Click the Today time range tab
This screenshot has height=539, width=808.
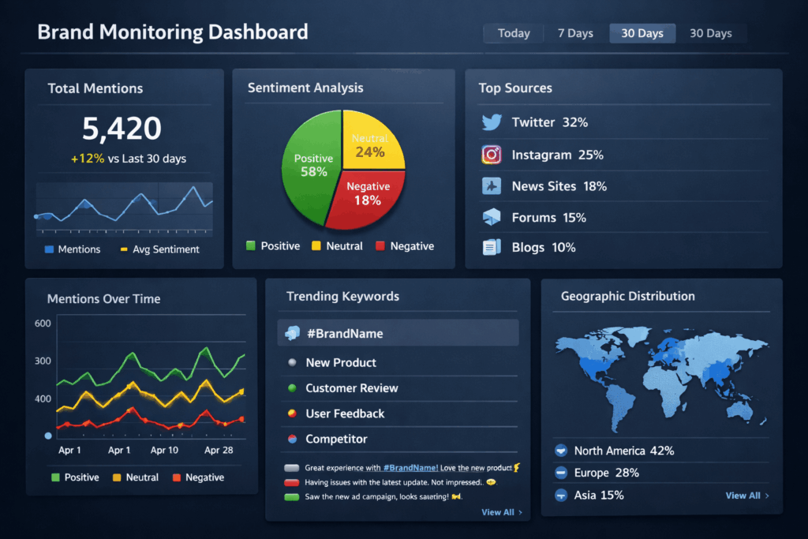tap(514, 33)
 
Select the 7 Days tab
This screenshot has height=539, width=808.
tap(574, 33)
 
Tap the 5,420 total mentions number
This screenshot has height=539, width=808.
tap(122, 128)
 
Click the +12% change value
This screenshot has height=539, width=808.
tap(87, 159)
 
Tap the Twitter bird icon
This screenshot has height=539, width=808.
tap(492, 122)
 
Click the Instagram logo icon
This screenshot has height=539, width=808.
tap(492, 154)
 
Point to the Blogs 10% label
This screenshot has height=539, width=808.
tap(543, 247)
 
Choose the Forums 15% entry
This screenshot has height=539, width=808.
tap(548, 217)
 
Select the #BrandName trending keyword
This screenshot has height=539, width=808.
tap(344, 334)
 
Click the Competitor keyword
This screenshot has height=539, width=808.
tap(336, 439)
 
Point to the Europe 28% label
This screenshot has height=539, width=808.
tap(606, 473)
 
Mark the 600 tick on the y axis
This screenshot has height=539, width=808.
tap(43, 323)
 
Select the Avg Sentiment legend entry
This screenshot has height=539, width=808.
tap(165, 249)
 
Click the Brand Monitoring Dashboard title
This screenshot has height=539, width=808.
tap(172, 32)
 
